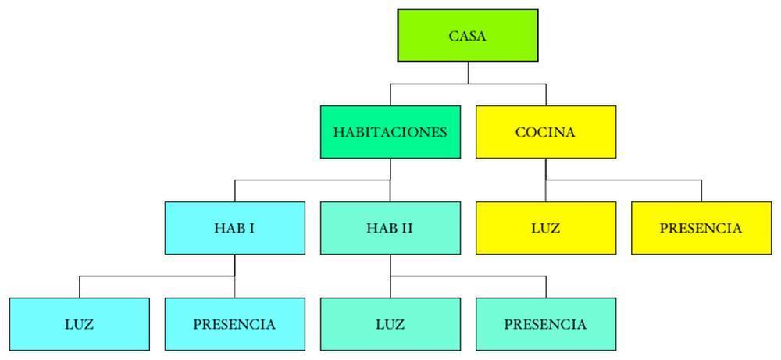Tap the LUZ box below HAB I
tap(80, 323)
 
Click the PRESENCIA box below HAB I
tap(235, 323)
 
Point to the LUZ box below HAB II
tap(390, 323)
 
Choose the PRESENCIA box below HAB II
tap(545, 323)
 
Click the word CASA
tap(468, 36)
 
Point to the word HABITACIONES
tap(390, 132)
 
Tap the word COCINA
tap(545, 132)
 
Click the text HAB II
tap(390, 228)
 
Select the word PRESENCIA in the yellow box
tap(701, 228)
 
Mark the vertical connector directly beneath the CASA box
tap(468, 73)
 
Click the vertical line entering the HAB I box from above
tap(235, 191)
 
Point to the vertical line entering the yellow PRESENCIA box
tap(701, 191)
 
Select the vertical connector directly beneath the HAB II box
tap(390, 266)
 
